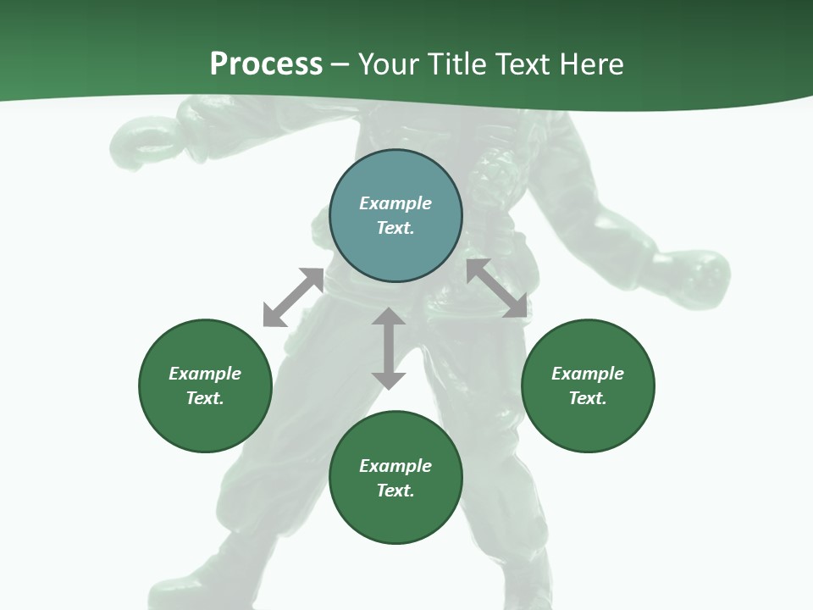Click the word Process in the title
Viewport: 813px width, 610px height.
click(266, 64)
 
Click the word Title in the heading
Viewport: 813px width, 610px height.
click(456, 64)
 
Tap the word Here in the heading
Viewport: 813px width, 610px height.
click(590, 64)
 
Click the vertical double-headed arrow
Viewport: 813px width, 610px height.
click(388, 348)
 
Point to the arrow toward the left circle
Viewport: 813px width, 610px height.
click(293, 297)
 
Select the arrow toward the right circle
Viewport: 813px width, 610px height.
click(496, 288)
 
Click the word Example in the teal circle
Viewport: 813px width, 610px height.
click(395, 203)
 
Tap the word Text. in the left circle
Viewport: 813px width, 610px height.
click(205, 398)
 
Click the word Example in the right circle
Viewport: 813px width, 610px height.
click(588, 374)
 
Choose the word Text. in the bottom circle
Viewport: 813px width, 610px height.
click(395, 491)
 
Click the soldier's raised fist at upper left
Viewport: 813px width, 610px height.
click(141, 140)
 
